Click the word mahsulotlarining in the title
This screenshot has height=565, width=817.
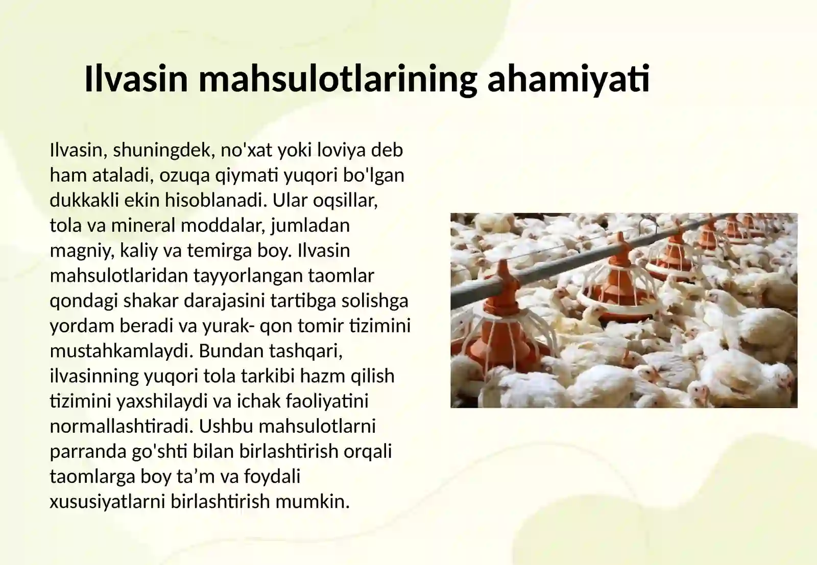pyautogui.click(x=338, y=79)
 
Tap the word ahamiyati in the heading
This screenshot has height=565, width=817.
pyautogui.click(x=568, y=79)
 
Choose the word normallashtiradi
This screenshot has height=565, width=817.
pyautogui.click(x=121, y=426)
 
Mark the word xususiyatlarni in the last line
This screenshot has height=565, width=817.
pyautogui.click(x=107, y=501)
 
